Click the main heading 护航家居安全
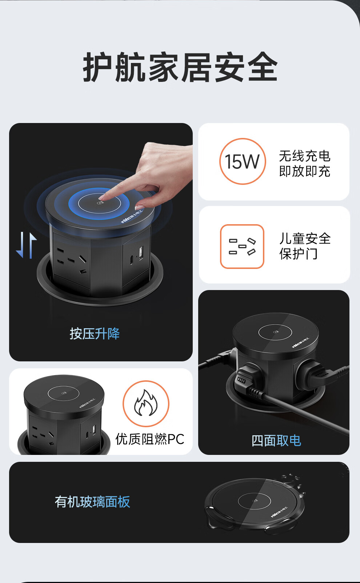point(180,67)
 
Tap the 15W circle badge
point(243,161)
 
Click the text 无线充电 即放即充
point(305,163)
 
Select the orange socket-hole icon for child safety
point(242,246)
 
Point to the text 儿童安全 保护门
point(305,246)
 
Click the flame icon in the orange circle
point(146,403)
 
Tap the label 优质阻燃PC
point(150,439)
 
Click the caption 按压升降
point(95,334)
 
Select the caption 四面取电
point(276,441)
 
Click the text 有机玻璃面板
point(92,502)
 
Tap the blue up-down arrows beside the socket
point(26,245)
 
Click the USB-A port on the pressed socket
point(141,253)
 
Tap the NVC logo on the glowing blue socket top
point(132,218)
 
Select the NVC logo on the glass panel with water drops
point(279,512)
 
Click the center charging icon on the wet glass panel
point(255,501)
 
